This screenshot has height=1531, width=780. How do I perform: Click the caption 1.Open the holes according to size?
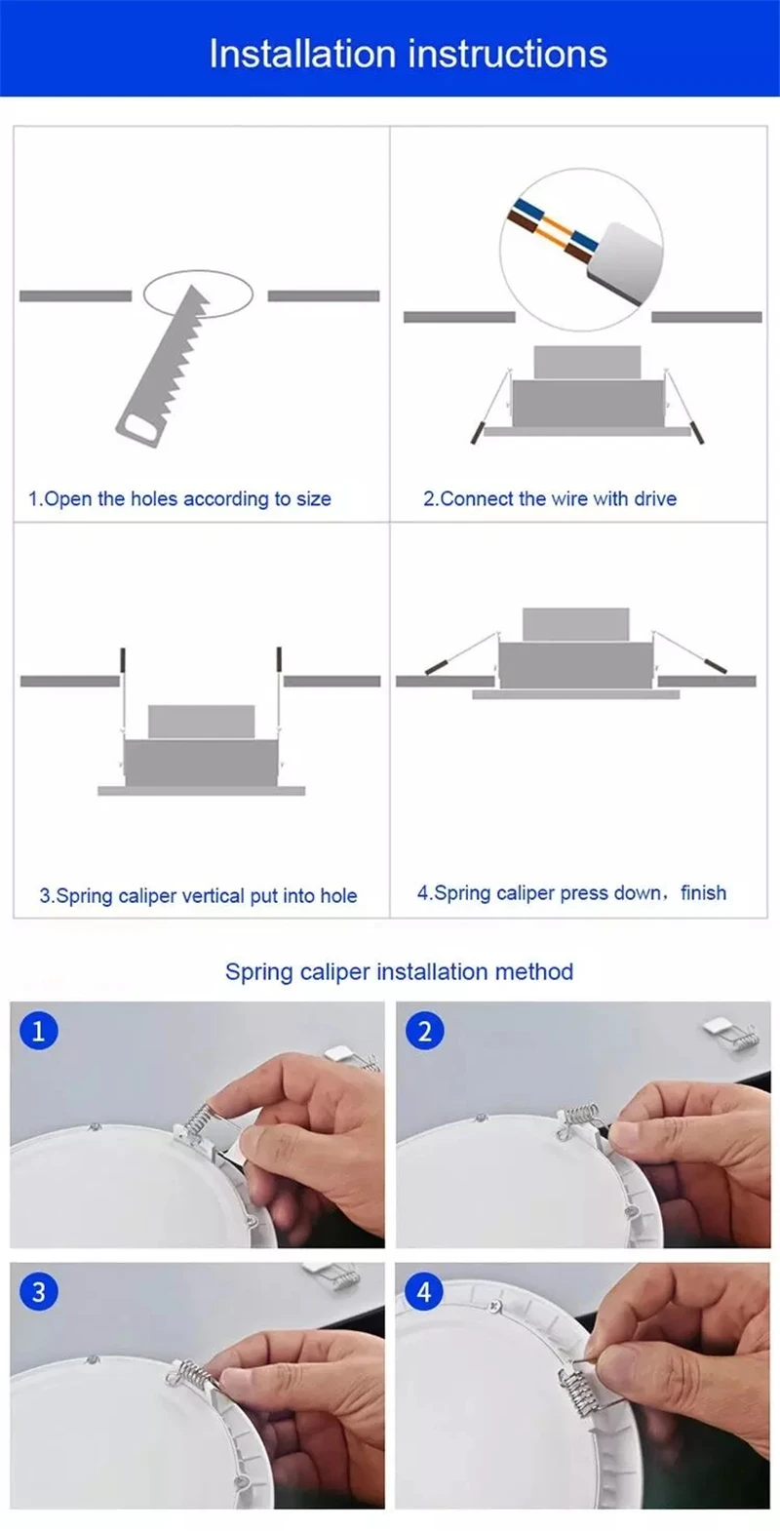click(x=179, y=499)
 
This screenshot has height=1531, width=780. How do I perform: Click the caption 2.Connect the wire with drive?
click(x=550, y=499)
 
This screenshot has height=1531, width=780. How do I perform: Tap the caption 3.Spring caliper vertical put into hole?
click(x=198, y=895)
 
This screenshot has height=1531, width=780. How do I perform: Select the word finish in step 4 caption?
click(x=703, y=892)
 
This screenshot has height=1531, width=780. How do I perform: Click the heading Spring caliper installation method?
click(x=399, y=971)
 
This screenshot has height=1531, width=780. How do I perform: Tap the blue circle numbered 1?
click(x=38, y=1031)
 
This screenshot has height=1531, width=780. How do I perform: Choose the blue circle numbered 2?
click(x=424, y=1031)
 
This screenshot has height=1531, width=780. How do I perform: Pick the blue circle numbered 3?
click(x=38, y=1292)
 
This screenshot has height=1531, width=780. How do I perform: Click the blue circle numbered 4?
click(x=424, y=1292)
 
